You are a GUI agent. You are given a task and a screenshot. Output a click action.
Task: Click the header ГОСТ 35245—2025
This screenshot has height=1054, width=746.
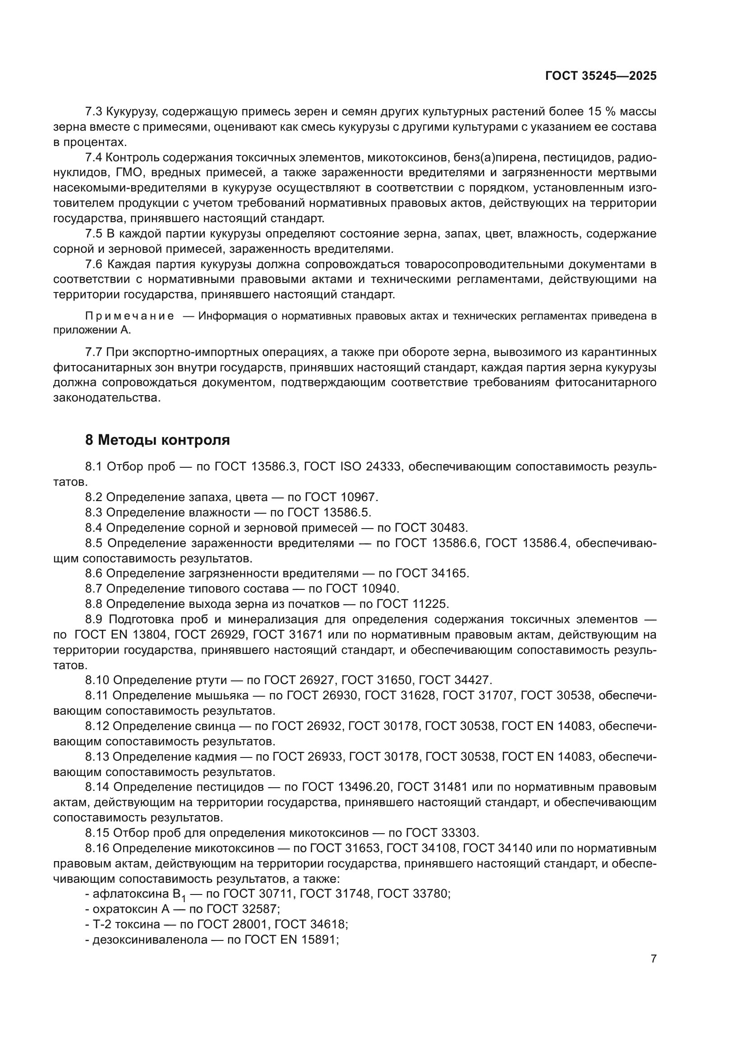point(600,76)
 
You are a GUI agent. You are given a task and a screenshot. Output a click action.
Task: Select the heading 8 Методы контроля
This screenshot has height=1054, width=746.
point(157,440)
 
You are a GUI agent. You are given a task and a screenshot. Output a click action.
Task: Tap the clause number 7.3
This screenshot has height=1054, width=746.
point(94,112)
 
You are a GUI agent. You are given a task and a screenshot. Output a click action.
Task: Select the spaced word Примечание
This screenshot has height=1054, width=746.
point(129,316)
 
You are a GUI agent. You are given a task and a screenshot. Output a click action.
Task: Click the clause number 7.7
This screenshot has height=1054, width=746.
point(94,352)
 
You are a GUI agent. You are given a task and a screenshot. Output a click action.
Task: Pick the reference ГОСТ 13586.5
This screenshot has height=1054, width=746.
point(329,512)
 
